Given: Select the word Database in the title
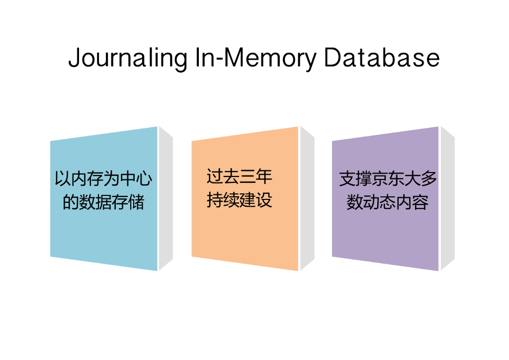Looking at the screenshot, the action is [x=382, y=58].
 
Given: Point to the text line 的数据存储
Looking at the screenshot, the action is [x=103, y=202].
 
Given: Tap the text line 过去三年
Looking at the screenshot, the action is [x=240, y=177].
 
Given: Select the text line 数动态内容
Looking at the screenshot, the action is [x=388, y=202].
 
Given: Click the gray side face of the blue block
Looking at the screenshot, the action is [x=166, y=199].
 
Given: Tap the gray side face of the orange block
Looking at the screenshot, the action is [x=307, y=199].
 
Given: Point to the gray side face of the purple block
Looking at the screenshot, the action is [x=447, y=199].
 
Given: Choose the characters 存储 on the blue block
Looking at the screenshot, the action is [x=128, y=202].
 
